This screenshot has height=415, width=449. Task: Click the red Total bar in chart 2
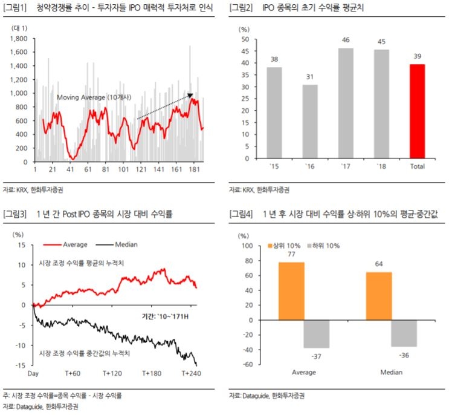coord(418,111)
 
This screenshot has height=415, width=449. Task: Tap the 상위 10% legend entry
coord(285,246)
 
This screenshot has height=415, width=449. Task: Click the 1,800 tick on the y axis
coord(19,38)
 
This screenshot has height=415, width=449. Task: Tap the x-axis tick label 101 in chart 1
coord(124,170)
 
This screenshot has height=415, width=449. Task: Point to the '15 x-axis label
coord(274,166)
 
